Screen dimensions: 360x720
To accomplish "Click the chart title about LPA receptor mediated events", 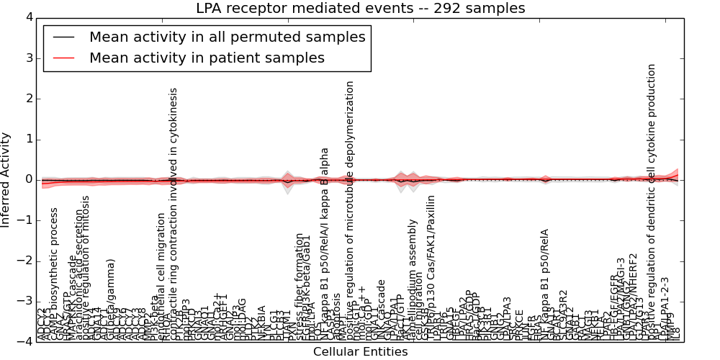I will point(360,8).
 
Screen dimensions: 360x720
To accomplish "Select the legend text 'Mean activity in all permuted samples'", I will point(227,37).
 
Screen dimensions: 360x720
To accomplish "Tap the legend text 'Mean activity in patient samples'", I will point(207,58).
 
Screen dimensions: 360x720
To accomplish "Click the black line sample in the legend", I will point(63,37).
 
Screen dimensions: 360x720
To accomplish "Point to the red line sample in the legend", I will point(63,58).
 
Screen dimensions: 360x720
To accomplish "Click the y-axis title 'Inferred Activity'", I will point(6,180).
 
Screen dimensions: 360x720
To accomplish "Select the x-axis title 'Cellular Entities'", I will point(360,352).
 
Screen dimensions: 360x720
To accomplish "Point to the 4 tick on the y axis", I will point(27,17).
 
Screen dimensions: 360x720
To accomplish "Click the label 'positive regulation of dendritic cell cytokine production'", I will point(652,202).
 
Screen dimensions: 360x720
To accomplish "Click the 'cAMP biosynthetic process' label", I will point(54,274).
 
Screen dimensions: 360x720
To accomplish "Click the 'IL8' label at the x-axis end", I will point(675,333).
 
